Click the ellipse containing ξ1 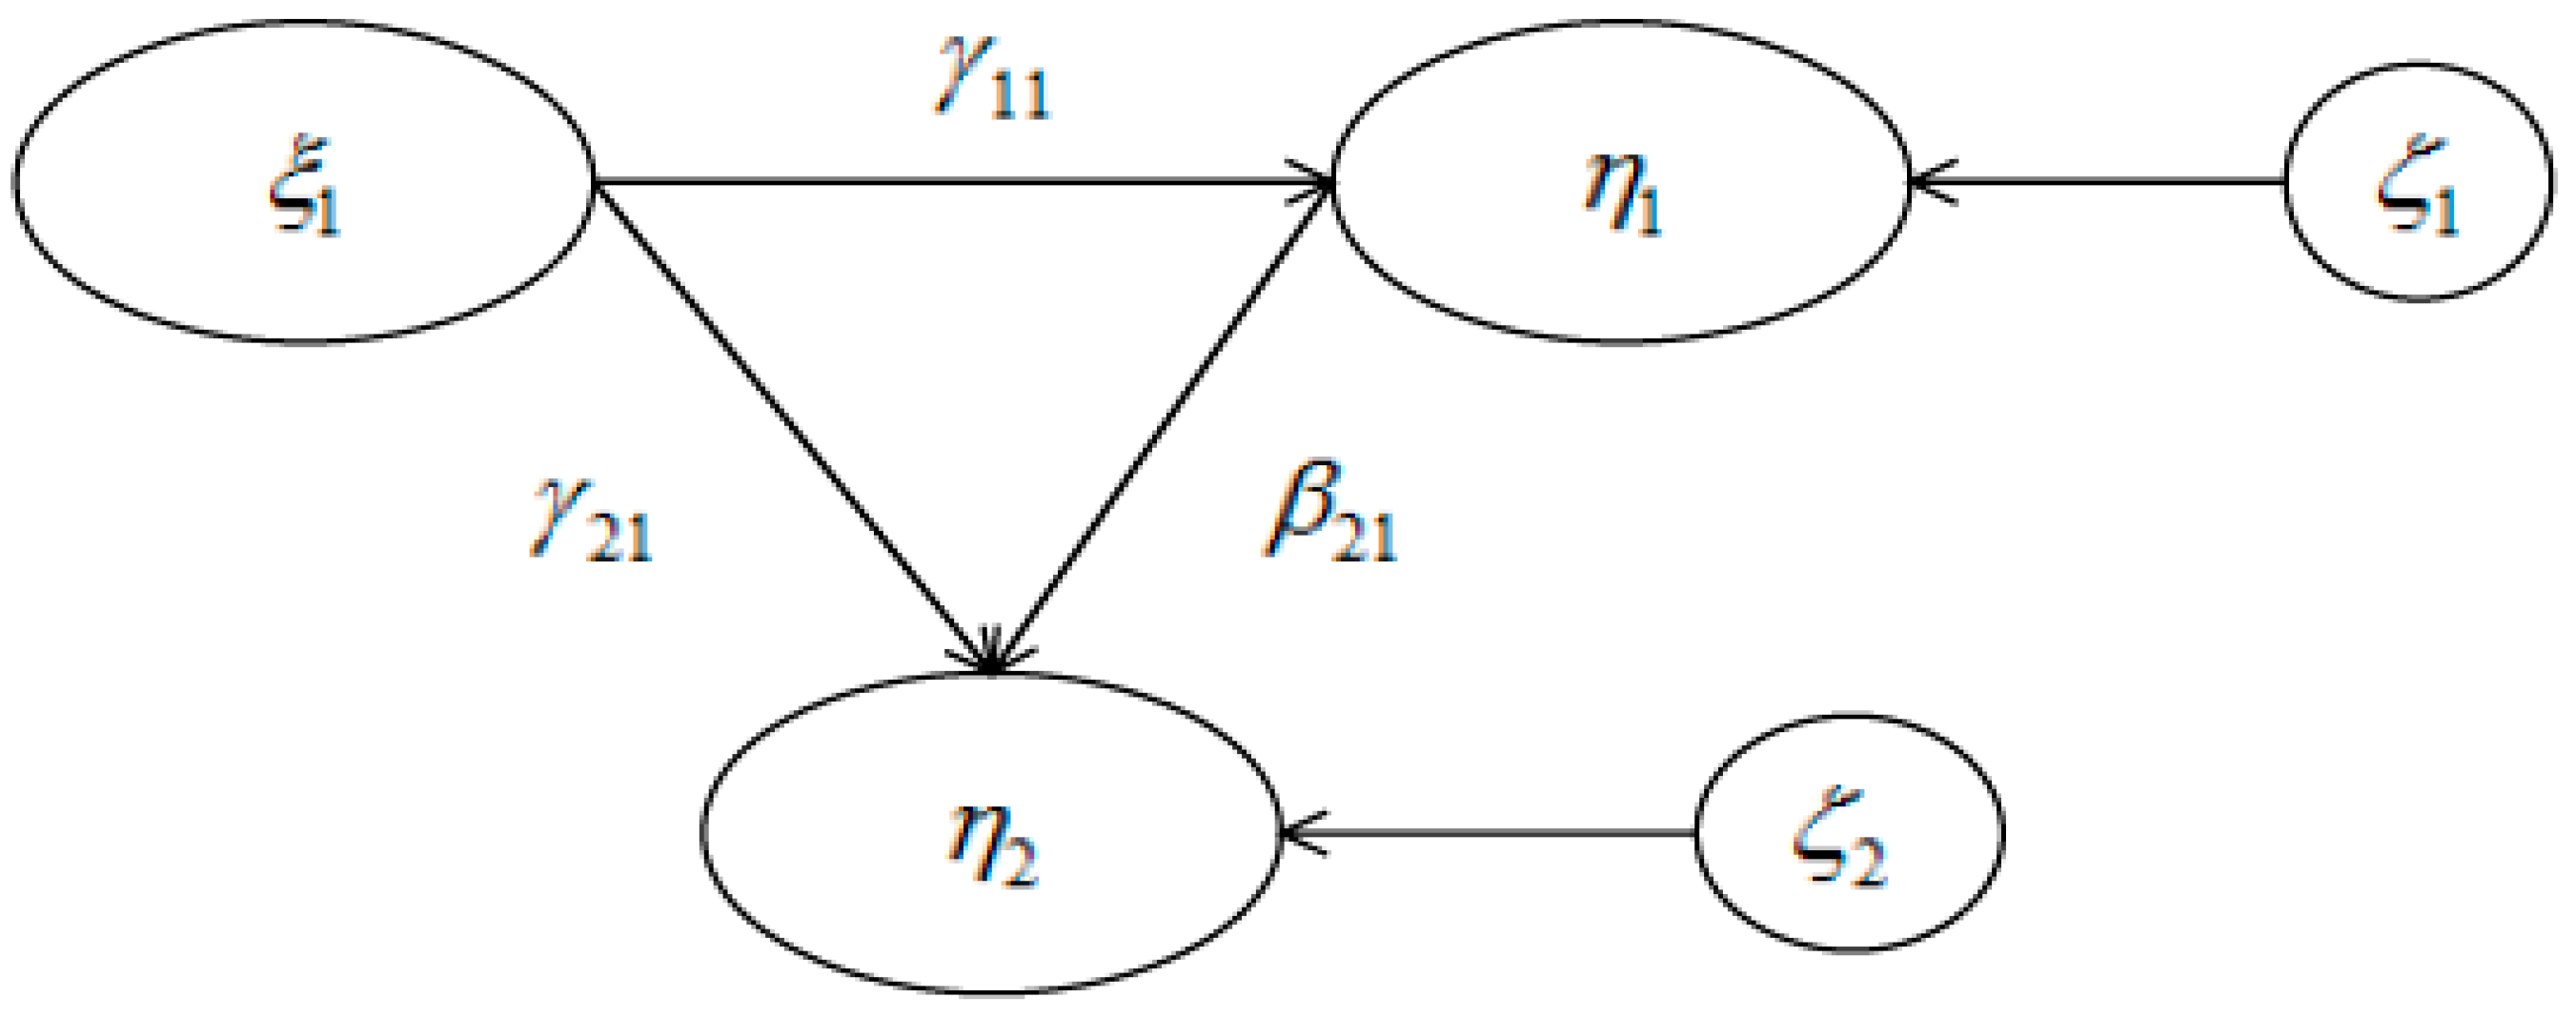coord(303,182)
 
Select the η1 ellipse coord(1621,182)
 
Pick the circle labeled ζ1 coord(2417,182)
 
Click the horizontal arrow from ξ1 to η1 coord(949,182)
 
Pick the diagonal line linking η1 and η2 coord(1165,420)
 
